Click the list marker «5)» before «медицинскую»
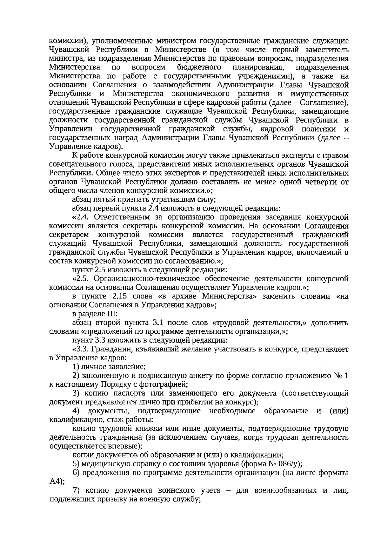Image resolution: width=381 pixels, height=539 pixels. [76, 464]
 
